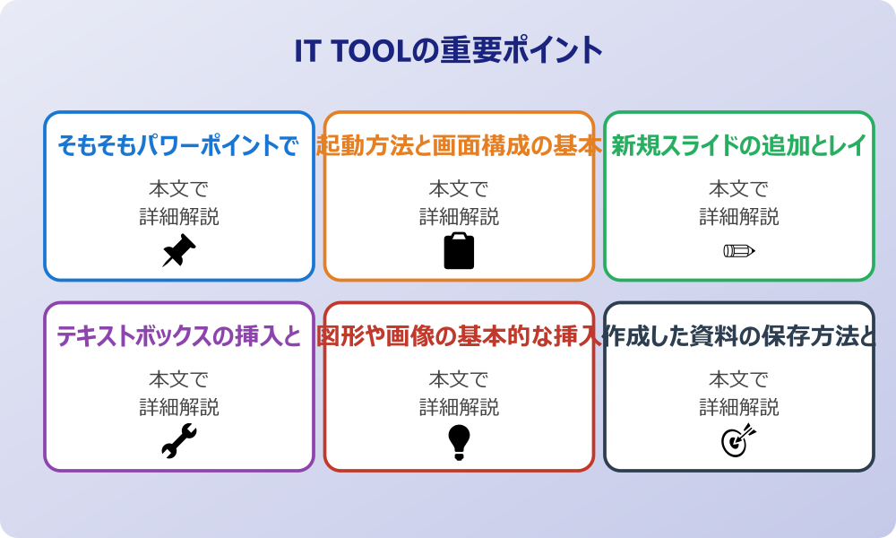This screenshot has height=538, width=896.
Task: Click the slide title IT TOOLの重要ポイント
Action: point(448,50)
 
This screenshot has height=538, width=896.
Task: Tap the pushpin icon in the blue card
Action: point(178,251)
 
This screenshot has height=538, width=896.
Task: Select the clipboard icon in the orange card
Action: point(459,251)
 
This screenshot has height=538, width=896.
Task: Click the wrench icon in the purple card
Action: point(178,441)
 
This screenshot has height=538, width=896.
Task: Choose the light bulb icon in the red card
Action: point(459,441)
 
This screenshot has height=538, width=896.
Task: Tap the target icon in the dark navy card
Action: point(739,441)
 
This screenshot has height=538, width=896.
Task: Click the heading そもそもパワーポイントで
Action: point(178,145)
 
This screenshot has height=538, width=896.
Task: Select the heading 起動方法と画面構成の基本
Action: point(459,145)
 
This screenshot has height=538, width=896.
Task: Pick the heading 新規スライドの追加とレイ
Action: point(739,145)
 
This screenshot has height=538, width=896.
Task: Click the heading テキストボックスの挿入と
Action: point(178,336)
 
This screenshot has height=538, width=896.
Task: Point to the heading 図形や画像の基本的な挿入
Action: point(459,336)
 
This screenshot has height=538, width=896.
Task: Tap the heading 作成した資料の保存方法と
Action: point(739,336)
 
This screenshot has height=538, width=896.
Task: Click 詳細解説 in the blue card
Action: point(178,217)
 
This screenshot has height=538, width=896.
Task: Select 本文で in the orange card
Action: point(459,189)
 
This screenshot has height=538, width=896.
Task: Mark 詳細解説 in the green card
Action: point(739,217)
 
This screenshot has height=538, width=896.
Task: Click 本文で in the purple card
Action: point(178,379)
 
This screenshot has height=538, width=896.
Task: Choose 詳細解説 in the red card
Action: point(459,407)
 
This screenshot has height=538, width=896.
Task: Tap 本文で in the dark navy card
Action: point(739,379)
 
